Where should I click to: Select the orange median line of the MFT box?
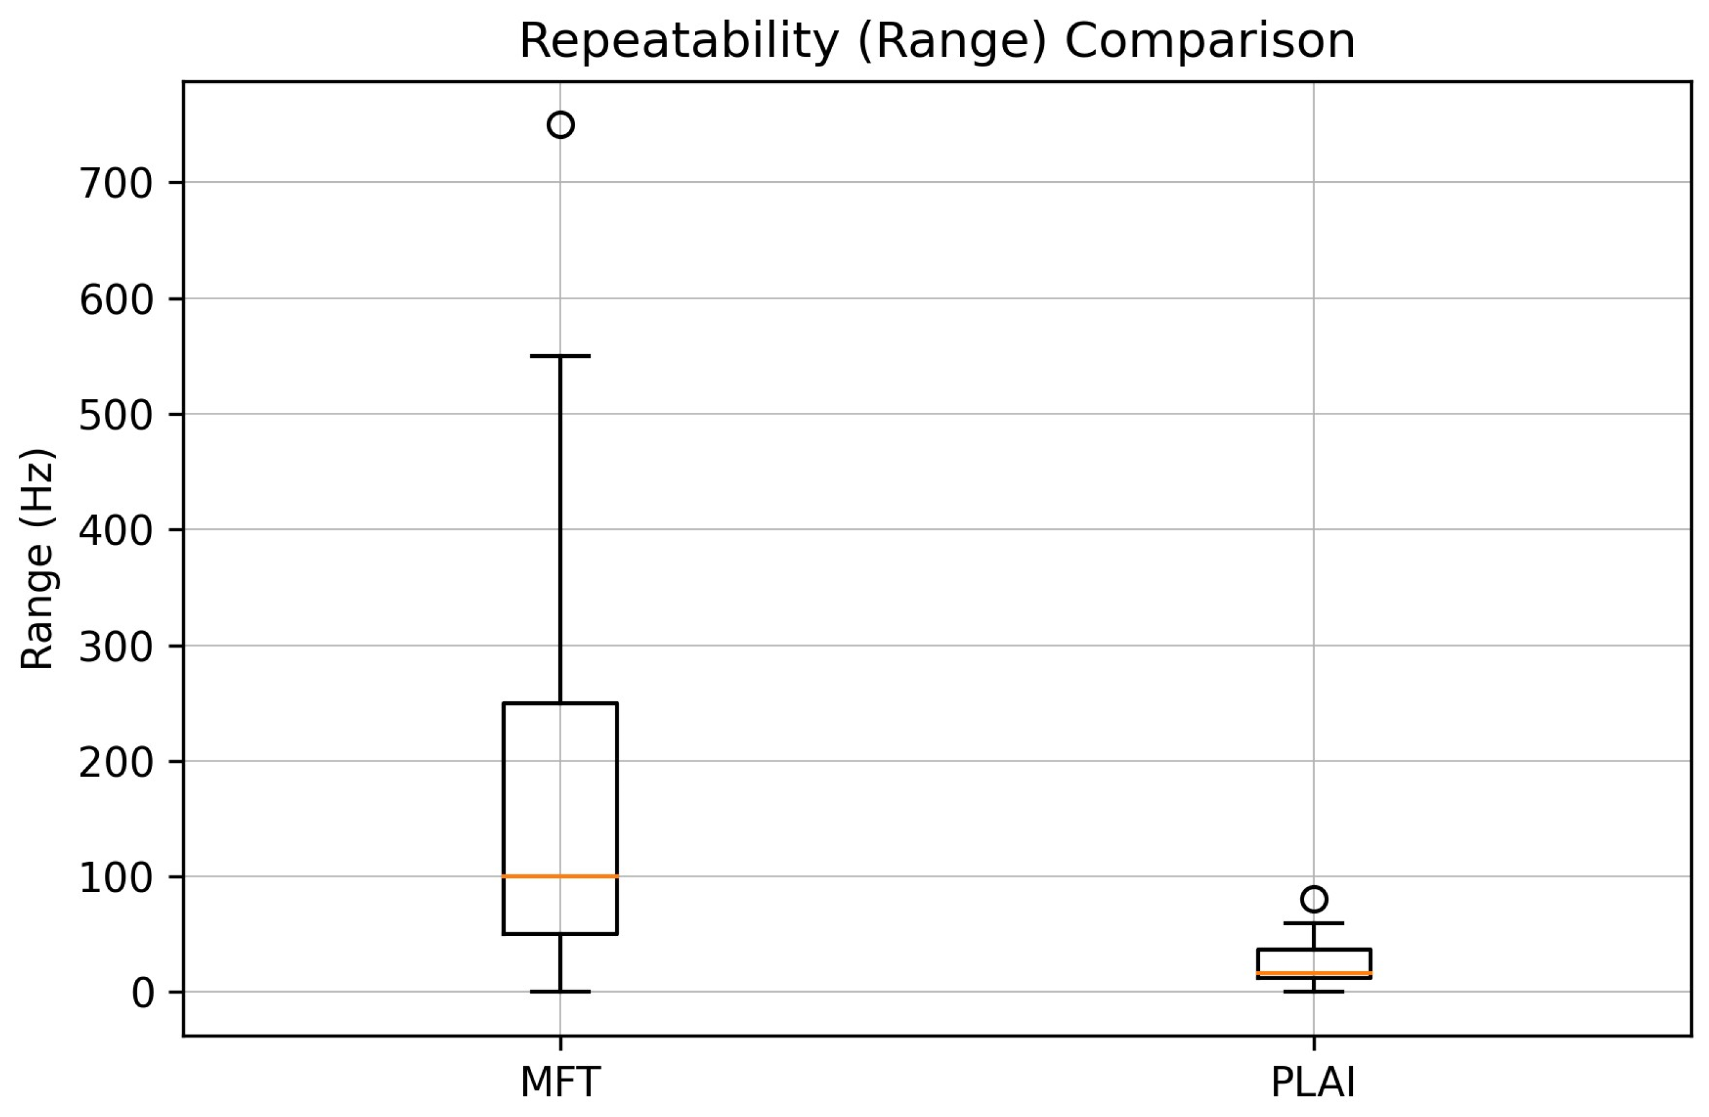pos(561,876)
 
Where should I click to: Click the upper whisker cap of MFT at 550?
pos(561,356)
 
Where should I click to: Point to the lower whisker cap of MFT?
pos(561,991)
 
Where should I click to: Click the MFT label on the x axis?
pos(560,1082)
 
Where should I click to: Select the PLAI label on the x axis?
pos(1313,1082)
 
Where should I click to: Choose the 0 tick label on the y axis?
pos(143,993)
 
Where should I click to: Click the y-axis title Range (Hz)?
pos(37,559)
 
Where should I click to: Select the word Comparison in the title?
pos(1210,41)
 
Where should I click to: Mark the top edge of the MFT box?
pos(561,703)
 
